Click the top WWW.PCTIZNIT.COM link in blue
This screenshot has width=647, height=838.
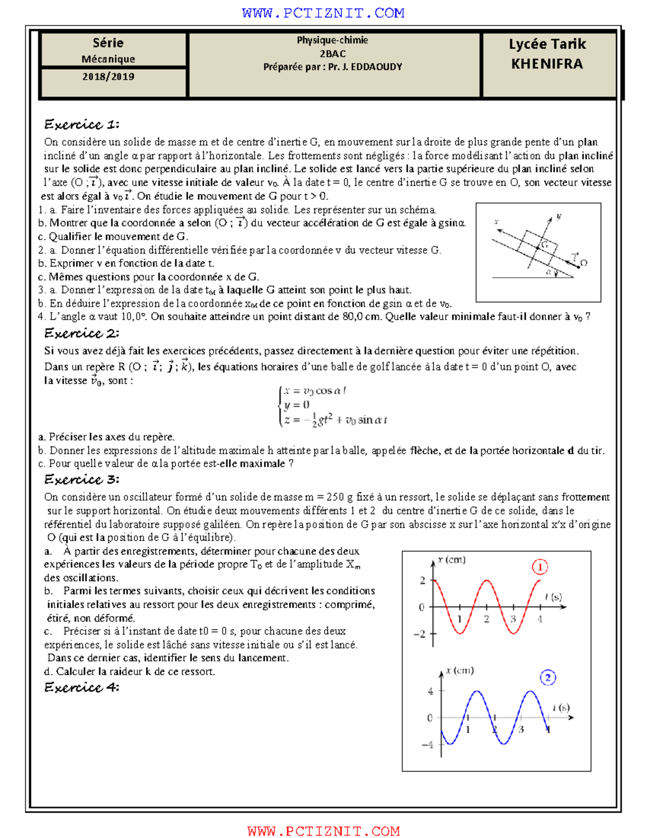[x=323, y=13]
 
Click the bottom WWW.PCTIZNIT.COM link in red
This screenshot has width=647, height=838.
[x=323, y=831]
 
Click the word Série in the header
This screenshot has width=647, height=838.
[x=108, y=43]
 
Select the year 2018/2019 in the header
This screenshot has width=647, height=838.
[x=108, y=77]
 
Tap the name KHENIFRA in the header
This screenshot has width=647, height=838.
[x=547, y=64]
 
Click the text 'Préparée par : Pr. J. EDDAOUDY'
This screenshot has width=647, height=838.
[x=333, y=67]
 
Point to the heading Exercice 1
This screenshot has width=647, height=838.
[x=81, y=125]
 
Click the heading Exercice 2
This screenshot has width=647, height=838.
[x=81, y=333]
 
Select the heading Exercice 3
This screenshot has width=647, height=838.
[x=81, y=479]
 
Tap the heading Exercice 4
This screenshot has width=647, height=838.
[x=81, y=687]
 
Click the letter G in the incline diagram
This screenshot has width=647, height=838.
[x=545, y=244]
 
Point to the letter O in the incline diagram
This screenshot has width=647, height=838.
[x=583, y=263]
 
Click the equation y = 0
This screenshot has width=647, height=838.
[x=297, y=405]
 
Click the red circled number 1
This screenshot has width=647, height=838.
[x=540, y=567]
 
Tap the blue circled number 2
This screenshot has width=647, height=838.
[x=548, y=678]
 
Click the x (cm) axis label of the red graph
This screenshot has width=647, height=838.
[x=452, y=560]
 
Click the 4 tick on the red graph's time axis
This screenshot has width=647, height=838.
[x=540, y=619]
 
